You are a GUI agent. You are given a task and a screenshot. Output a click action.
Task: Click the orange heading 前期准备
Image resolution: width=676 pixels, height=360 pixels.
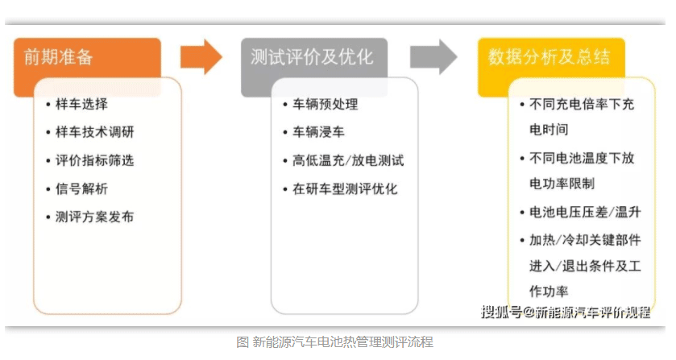click(x=58, y=57)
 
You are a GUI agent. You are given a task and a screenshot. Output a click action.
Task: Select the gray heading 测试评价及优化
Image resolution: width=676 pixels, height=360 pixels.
click(x=312, y=57)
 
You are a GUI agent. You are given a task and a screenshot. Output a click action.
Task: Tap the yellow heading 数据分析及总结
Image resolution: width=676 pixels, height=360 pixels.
click(x=550, y=57)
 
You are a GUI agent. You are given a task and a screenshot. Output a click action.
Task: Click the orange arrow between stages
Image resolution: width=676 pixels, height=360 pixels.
click(x=201, y=56)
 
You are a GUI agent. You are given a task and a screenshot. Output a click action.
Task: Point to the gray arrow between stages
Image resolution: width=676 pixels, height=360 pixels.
click(x=433, y=56)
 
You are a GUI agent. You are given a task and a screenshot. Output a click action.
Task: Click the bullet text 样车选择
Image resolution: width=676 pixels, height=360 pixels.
click(x=82, y=104)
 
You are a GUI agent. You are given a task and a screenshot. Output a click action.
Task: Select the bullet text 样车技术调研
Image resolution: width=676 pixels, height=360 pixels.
click(x=95, y=132)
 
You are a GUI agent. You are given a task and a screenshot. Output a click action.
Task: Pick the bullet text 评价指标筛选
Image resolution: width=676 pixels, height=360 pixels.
click(x=95, y=160)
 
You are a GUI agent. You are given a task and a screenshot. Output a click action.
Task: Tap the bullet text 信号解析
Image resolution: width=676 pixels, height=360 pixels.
click(x=82, y=188)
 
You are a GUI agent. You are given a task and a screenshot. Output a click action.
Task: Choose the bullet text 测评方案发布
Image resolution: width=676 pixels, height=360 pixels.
click(x=95, y=217)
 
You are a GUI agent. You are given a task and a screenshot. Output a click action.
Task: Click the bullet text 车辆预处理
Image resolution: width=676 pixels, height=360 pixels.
click(x=326, y=104)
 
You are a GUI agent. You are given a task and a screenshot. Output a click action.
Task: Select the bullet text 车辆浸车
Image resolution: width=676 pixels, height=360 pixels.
click(x=318, y=132)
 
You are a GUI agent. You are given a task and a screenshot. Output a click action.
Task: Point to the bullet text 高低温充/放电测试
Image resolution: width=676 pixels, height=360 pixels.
click(x=348, y=160)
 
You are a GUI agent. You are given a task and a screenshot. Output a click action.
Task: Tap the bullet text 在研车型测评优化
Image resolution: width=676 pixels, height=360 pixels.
click(x=345, y=188)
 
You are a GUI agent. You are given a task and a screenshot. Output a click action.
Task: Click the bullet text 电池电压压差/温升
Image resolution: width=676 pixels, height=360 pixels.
click(x=585, y=212)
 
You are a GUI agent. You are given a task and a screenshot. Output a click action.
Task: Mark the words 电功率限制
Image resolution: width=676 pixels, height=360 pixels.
click(x=562, y=184)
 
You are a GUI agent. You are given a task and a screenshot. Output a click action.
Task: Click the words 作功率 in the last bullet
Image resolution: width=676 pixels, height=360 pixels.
click(x=549, y=292)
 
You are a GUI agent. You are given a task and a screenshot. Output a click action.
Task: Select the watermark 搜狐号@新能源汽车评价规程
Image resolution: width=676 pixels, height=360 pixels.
click(x=566, y=312)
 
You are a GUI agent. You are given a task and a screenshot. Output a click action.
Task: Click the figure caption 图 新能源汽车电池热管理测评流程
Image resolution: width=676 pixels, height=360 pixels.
click(x=334, y=342)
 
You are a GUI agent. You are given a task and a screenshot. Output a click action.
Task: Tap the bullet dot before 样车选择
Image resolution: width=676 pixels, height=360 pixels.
click(x=48, y=105)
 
